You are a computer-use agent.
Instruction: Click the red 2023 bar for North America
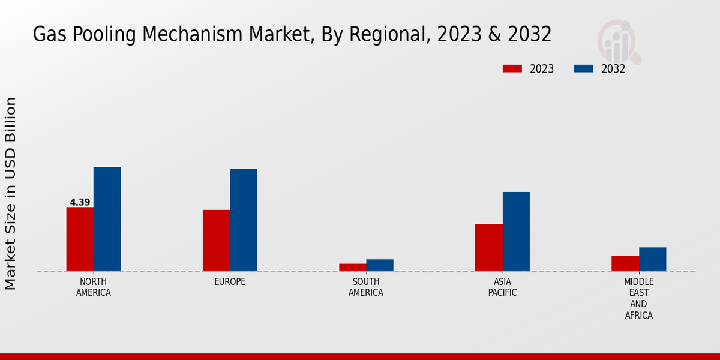pos(80,239)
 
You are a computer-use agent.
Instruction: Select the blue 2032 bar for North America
pos(107,219)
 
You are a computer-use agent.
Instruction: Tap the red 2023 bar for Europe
pos(216,240)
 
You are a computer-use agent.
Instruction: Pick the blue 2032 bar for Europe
pos(243,220)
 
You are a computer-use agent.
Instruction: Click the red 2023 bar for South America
pos(352,267)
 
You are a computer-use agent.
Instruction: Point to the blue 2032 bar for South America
pos(380,265)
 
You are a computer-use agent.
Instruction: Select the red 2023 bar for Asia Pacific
pos(488,247)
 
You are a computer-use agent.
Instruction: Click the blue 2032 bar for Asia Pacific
pos(516,231)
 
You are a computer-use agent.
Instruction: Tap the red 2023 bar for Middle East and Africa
pos(625,263)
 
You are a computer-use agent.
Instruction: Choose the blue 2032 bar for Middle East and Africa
pos(652,259)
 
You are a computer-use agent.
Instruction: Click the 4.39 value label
pos(80,202)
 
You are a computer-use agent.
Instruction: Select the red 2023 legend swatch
pos(512,68)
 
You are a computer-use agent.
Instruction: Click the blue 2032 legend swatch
pos(583,68)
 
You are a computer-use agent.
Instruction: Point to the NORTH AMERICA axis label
pos(94,287)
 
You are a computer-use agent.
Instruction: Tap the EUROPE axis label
pos(230,282)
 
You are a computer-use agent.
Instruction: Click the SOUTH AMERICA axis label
pos(366,287)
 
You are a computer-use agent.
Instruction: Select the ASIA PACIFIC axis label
pos(503,287)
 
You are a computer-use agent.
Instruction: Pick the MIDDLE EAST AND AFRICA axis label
pos(639,298)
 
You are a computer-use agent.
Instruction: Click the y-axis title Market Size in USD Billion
pos(11,193)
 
